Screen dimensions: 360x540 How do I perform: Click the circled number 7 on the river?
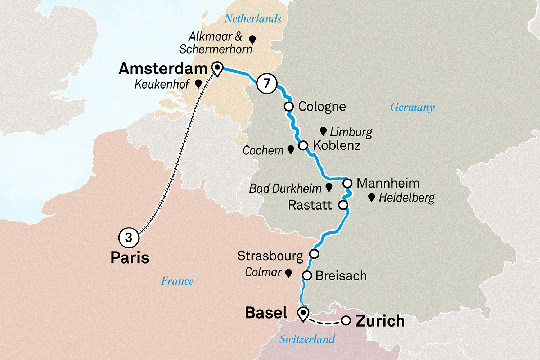point(267,84)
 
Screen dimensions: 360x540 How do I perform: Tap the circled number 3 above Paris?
point(129,238)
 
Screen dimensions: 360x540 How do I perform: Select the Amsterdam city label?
point(163,69)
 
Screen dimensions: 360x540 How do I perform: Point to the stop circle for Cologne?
point(289,107)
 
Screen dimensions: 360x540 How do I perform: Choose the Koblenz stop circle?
point(303,145)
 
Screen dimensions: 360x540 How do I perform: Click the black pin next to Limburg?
point(323,131)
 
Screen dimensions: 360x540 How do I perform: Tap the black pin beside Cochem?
point(291,150)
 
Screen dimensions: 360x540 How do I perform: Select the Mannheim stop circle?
point(347,183)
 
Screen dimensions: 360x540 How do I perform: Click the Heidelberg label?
point(407,198)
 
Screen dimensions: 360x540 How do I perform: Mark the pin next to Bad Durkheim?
point(329,187)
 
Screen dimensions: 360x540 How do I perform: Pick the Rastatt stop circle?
point(343,205)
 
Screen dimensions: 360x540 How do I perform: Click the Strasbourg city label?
point(270,256)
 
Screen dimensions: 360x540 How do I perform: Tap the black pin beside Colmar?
point(288,273)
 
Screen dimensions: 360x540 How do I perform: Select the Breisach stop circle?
point(307,276)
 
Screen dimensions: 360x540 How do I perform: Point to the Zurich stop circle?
point(346,320)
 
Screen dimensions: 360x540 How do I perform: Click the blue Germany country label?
point(412,107)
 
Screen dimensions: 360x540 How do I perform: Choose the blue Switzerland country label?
point(307,339)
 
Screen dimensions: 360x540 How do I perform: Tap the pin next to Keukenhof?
point(198,84)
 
